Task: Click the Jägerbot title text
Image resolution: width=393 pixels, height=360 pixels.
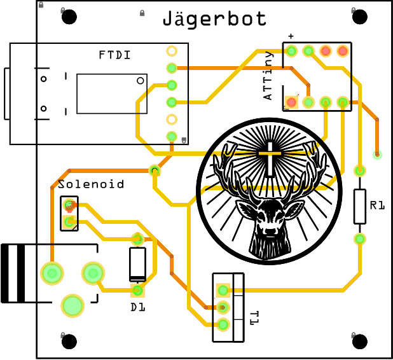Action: click(214, 18)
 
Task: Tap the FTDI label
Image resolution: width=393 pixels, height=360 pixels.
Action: click(115, 55)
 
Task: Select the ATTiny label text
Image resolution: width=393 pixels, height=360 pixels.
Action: click(268, 76)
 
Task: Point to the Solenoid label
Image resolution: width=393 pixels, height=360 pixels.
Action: click(91, 184)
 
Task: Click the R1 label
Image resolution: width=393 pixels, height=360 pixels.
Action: click(378, 205)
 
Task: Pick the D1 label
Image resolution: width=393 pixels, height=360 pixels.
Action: click(138, 307)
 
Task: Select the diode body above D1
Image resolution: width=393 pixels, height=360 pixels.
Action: click(137, 265)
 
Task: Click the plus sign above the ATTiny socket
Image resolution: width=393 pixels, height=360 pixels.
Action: click(291, 36)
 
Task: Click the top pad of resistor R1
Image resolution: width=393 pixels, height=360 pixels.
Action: click(360, 170)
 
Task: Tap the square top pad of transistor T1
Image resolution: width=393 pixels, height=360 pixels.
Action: click(223, 291)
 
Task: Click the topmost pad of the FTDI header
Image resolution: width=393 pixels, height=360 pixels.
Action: click(172, 51)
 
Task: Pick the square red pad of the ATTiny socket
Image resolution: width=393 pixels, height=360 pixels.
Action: click(291, 101)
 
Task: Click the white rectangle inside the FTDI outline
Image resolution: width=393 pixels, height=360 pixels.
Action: click(112, 93)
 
